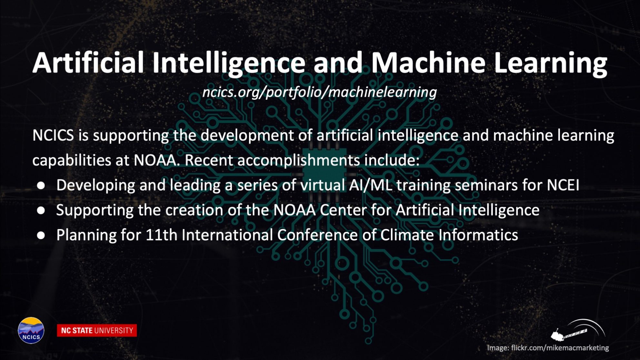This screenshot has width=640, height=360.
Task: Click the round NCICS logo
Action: click(x=31, y=330)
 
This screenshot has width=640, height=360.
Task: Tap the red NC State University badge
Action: click(x=97, y=330)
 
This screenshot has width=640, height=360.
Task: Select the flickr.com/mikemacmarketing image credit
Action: click(x=548, y=348)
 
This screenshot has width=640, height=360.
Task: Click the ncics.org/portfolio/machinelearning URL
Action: click(x=319, y=92)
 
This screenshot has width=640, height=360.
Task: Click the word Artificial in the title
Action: click(x=88, y=63)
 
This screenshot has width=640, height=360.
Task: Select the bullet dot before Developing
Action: click(x=41, y=185)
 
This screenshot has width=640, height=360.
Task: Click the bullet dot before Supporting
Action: click(x=41, y=210)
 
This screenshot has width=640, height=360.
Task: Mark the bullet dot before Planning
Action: click(x=41, y=235)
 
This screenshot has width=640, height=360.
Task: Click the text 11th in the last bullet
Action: click(x=162, y=235)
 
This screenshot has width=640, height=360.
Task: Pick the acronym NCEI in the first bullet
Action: click(x=563, y=185)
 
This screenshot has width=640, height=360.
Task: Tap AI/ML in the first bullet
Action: click(x=371, y=185)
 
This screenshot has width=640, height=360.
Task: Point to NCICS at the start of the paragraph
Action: click(x=53, y=135)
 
